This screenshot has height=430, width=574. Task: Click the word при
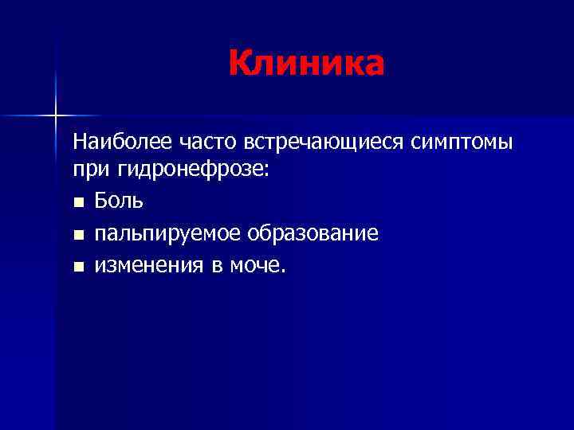coord(88,171)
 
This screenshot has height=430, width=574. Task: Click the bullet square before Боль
coord(77,202)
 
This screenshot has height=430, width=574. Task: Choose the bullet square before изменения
coord(77,266)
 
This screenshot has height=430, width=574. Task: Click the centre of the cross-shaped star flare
coord(56,115)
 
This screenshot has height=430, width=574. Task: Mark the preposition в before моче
coord(216,266)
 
